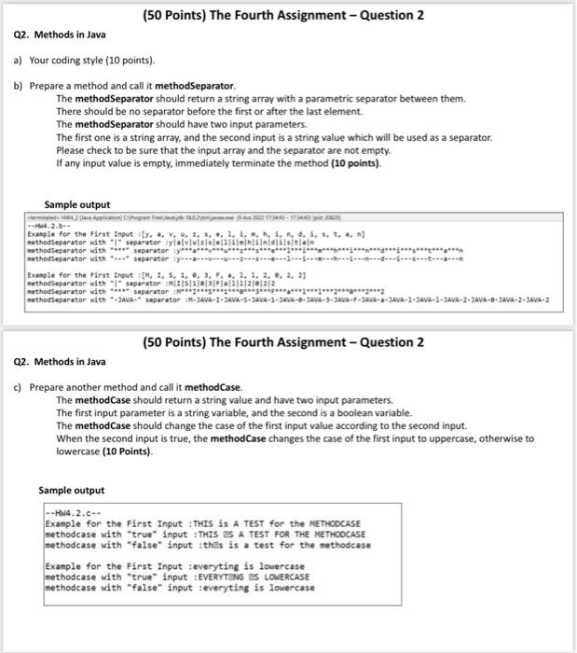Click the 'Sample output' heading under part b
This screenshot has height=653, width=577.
click(77, 204)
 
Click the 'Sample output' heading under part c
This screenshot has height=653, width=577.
click(71, 489)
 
